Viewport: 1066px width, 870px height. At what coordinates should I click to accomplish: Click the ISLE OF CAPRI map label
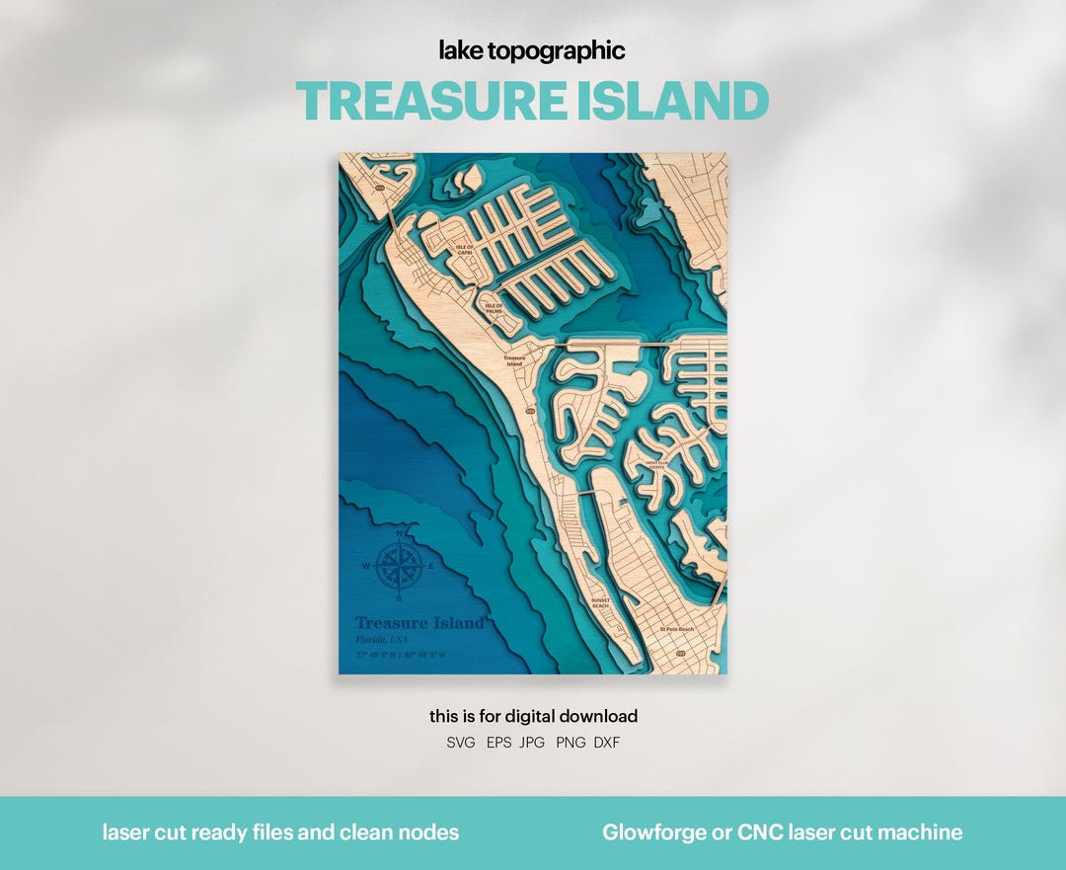[464, 249]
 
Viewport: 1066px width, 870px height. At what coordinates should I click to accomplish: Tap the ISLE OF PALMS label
[494, 308]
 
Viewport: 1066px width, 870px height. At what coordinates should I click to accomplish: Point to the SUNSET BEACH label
[601, 602]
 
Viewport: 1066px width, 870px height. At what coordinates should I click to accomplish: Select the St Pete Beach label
[677, 629]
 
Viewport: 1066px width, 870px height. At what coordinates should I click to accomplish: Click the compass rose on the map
[400, 566]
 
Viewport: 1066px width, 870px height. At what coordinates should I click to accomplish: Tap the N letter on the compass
[400, 534]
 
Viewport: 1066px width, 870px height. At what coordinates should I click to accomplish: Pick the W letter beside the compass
[366, 567]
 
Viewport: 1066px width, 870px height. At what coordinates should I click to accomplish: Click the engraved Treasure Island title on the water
[419, 623]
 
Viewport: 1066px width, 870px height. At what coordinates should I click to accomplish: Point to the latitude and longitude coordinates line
[401, 655]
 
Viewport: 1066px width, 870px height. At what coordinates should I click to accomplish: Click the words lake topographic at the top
[533, 51]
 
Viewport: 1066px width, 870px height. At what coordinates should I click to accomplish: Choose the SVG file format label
[460, 743]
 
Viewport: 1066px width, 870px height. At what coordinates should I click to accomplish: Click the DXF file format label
[607, 743]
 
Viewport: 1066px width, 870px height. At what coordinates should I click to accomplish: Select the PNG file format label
[571, 743]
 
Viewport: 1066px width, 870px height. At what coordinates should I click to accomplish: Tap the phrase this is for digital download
[533, 716]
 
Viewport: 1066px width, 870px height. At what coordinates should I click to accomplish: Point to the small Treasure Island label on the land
[514, 360]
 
